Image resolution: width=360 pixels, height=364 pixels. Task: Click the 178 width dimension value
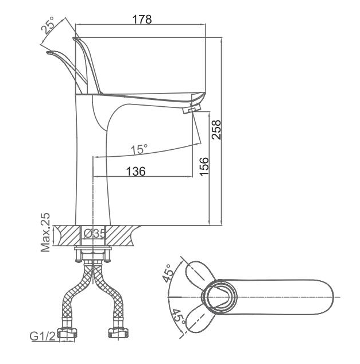pyautogui.click(x=142, y=20)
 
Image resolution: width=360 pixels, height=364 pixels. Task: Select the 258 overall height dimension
pyautogui.click(x=216, y=130)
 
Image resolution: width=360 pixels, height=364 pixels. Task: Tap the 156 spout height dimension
pyautogui.click(x=204, y=166)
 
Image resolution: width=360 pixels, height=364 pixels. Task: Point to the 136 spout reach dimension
pyautogui.click(x=136, y=171)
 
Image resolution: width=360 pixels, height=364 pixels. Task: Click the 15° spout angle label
pyautogui.click(x=139, y=149)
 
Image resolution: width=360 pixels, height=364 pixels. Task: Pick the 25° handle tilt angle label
pyautogui.click(x=48, y=25)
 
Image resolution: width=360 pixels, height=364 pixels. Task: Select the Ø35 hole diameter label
pyautogui.click(x=94, y=234)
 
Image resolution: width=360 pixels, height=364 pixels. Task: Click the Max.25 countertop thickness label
pyautogui.click(x=45, y=232)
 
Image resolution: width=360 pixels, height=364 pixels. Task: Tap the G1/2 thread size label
pyautogui.click(x=43, y=336)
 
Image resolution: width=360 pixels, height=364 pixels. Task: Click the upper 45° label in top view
pyautogui.click(x=168, y=273)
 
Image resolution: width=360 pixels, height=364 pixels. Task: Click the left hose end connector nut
pyautogui.click(x=67, y=334)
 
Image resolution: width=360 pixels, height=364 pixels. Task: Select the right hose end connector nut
pyautogui.click(x=118, y=333)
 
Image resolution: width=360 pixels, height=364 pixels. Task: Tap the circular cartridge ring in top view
pyautogui.click(x=219, y=297)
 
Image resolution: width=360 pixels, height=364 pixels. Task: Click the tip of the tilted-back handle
pyautogui.click(x=47, y=53)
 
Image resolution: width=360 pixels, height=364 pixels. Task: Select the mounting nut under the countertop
pyautogui.click(x=93, y=255)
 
